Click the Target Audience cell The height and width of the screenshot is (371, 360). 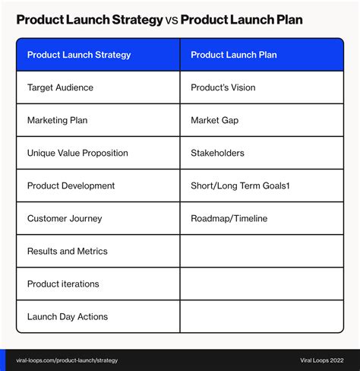(x=98, y=87)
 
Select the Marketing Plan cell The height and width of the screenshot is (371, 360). (x=98, y=120)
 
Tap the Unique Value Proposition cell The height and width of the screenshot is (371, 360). (x=98, y=153)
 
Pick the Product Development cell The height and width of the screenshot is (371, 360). (x=98, y=185)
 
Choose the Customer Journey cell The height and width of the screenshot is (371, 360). (x=98, y=218)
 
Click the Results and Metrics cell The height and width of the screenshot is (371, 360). (x=98, y=251)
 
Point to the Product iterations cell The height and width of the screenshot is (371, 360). (x=98, y=284)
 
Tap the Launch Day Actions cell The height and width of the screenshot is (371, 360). (x=98, y=316)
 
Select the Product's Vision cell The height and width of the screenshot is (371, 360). (x=262, y=87)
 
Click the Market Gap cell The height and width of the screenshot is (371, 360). (x=262, y=120)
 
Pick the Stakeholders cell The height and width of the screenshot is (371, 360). (x=262, y=153)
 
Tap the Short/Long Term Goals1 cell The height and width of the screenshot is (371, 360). (x=262, y=185)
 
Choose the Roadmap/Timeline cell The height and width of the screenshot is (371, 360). (x=262, y=218)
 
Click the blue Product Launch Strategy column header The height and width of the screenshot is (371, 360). (x=98, y=55)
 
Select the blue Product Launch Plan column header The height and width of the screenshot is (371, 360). (x=262, y=55)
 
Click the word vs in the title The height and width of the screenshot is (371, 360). (x=172, y=21)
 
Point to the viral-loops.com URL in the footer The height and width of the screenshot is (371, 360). (x=67, y=360)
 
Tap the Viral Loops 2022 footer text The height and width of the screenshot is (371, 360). (x=322, y=360)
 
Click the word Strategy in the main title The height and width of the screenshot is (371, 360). (x=137, y=21)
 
